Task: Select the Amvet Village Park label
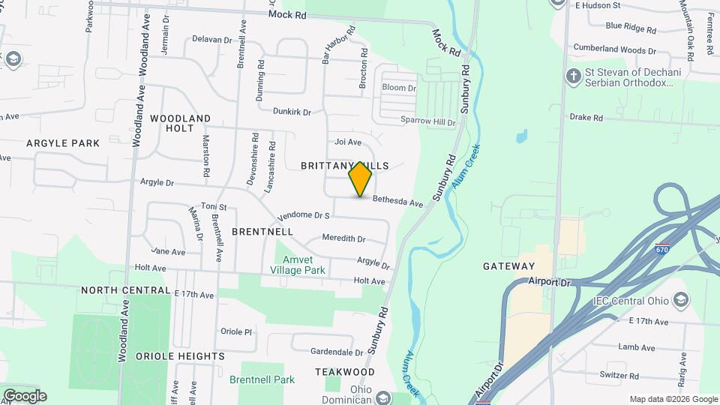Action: pyautogui.click(x=298, y=265)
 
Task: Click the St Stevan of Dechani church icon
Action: pyautogui.click(x=574, y=76)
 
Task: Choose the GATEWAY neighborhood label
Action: pyautogui.click(x=509, y=266)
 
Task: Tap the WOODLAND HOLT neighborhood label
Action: pyautogui.click(x=180, y=123)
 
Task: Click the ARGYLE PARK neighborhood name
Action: pyautogui.click(x=63, y=142)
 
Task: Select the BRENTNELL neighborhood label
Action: pyautogui.click(x=262, y=232)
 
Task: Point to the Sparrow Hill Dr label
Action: pyautogui.click(x=427, y=121)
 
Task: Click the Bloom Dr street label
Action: pyautogui.click(x=399, y=88)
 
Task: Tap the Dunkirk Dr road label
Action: pyautogui.click(x=291, y=112)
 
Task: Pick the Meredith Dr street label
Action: pyautogui.click(x=343, y=238)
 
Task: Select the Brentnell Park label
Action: pyautogui.click(x=262, y=379)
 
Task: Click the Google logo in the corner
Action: pyautogui.click(x=25, y=396)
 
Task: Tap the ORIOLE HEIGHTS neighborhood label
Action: pyautogui.click(x=180, y=356)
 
